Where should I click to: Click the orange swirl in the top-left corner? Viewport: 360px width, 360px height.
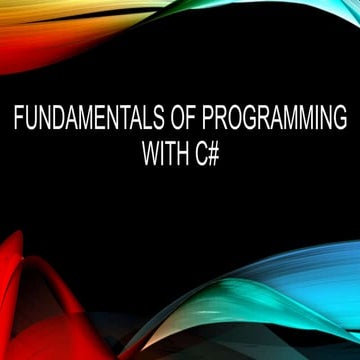click(x=40, y=30)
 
